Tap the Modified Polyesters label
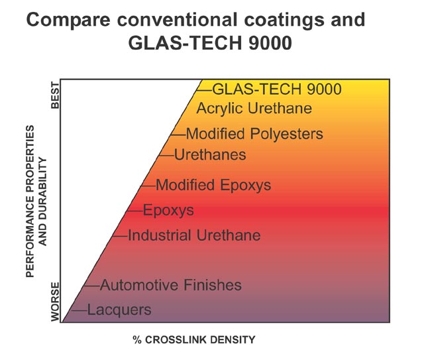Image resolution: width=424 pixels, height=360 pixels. [254, 134]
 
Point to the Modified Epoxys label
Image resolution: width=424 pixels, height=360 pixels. [213, 185]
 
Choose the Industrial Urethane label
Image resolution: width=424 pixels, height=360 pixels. [194, 235]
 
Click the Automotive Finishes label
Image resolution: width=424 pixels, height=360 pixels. [171, 286]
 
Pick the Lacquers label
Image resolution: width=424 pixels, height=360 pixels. [119, 310]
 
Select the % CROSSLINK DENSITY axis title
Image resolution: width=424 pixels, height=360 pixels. [193, 339]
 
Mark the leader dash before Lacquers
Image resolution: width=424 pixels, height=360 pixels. [78, 310]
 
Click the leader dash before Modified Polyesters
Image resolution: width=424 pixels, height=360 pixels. [178, 134]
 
